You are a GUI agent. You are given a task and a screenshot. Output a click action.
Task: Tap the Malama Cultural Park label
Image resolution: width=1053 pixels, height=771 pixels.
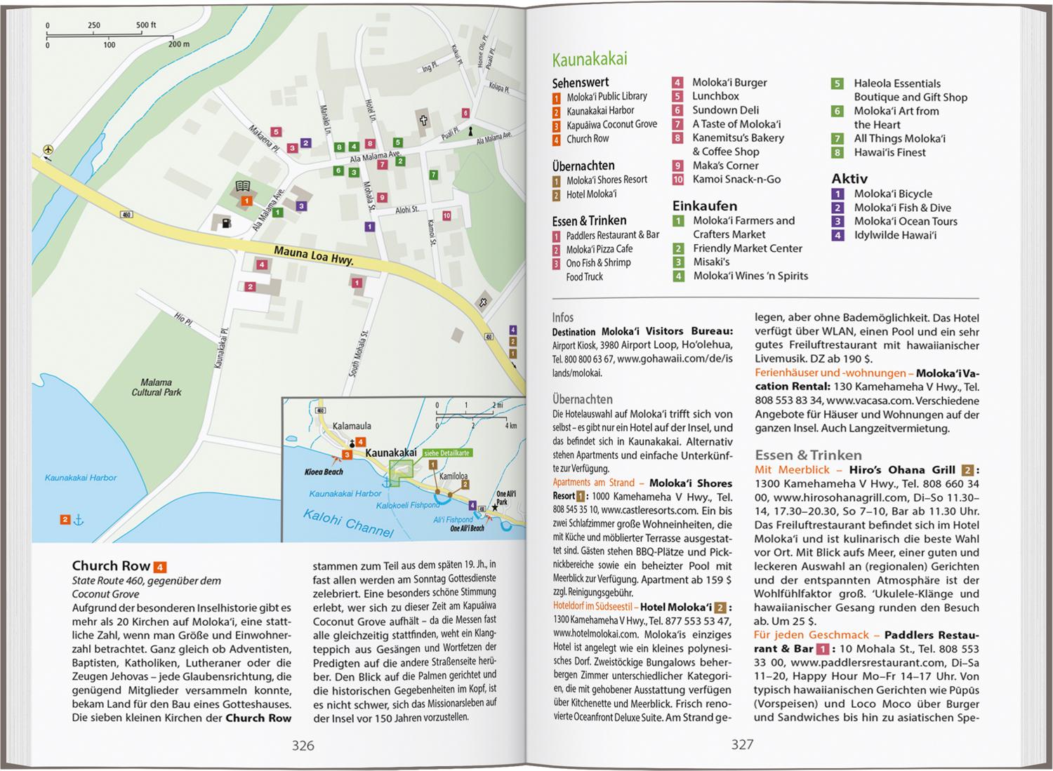pos(156,387)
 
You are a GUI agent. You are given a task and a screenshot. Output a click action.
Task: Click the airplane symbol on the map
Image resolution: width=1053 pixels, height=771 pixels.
pos(47,149)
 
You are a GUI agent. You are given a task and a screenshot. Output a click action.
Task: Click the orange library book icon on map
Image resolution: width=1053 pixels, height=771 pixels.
pos(243,187)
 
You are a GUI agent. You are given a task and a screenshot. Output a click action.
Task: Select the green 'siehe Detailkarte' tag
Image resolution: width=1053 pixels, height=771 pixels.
pos(446,453)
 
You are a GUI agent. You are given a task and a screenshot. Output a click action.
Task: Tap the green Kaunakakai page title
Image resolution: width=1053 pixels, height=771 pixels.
pos(589,59)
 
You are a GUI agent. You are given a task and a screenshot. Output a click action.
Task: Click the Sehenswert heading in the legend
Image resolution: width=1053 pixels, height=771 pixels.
pos(580,82)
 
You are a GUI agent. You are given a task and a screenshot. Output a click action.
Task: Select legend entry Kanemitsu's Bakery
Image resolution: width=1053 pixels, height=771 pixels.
pos(738,138)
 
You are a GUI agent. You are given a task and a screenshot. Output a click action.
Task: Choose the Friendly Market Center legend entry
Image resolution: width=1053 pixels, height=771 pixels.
pos(747,248)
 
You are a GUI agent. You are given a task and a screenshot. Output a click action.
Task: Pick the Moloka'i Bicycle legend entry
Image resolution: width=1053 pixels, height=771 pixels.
pos(892,194)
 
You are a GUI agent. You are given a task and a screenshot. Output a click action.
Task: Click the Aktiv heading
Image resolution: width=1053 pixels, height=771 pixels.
pos(849,178)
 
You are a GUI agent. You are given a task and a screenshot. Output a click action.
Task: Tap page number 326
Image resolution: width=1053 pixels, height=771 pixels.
pos(303,744)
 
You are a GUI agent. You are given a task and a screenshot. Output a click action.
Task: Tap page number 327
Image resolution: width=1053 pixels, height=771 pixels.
pos(742,744)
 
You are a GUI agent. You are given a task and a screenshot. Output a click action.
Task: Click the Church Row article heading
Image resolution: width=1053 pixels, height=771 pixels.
pos(112,566)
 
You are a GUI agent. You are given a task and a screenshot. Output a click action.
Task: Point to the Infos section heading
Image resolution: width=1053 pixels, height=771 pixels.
pos(563,317)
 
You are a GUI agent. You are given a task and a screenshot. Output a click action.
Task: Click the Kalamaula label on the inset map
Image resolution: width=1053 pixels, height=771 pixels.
pos(352,426)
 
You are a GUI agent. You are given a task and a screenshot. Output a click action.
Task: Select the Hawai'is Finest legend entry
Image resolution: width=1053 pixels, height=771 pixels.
pos(889,152)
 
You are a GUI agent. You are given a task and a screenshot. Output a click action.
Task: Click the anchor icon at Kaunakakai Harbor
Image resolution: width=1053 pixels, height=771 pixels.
pos(79,520)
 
